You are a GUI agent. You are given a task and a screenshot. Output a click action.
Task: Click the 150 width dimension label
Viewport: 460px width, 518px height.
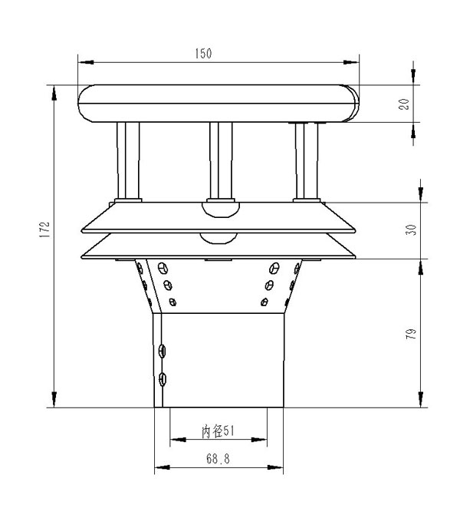click(x=203, y=54)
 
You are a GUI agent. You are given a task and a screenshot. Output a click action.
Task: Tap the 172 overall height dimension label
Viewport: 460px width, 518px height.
click(x=44, y=229)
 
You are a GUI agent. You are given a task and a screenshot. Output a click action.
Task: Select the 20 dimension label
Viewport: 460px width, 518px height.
click(x=404, y=104)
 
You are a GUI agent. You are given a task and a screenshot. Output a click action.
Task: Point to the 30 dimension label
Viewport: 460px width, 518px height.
click(x=411, y=230)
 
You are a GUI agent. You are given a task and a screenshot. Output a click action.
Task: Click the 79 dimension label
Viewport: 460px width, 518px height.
click(x=411, y=334)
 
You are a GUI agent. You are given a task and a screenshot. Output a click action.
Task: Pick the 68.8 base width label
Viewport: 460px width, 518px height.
click(x=218, y=459)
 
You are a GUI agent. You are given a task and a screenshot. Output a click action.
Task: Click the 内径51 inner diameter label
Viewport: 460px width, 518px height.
click(x=218, y=431)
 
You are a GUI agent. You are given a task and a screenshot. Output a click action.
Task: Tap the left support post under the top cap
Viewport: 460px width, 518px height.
click(x=128, y=160)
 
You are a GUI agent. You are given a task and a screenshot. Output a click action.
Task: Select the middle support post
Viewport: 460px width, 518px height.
click(x=221, y=160)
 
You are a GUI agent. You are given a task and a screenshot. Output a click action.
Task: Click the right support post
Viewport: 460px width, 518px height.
click(x=307, y=160)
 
